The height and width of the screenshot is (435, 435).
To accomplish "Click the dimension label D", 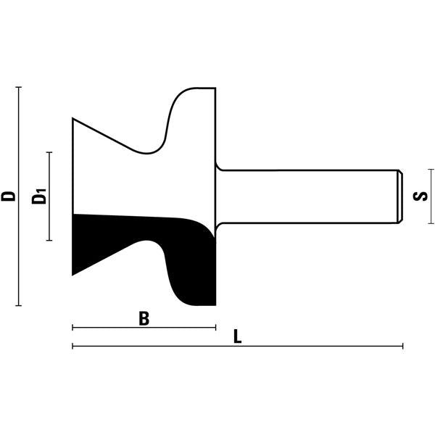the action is coord(8,196).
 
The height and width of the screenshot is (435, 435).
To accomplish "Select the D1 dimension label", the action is coord(39,196).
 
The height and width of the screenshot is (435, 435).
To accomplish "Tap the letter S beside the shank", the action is coord(420,196).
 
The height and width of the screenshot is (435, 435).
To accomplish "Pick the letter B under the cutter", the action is coord(144,318).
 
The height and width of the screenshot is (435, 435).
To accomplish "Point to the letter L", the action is coord(237,336).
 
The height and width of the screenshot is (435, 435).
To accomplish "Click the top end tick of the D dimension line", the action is coord(19,87).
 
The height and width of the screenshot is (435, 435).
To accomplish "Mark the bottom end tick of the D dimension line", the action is coord(19,305).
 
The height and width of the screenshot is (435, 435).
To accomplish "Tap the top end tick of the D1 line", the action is coord(49,152).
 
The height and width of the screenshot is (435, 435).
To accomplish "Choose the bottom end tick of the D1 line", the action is coord(49,240).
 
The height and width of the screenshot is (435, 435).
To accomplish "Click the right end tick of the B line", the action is coord(215,328).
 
